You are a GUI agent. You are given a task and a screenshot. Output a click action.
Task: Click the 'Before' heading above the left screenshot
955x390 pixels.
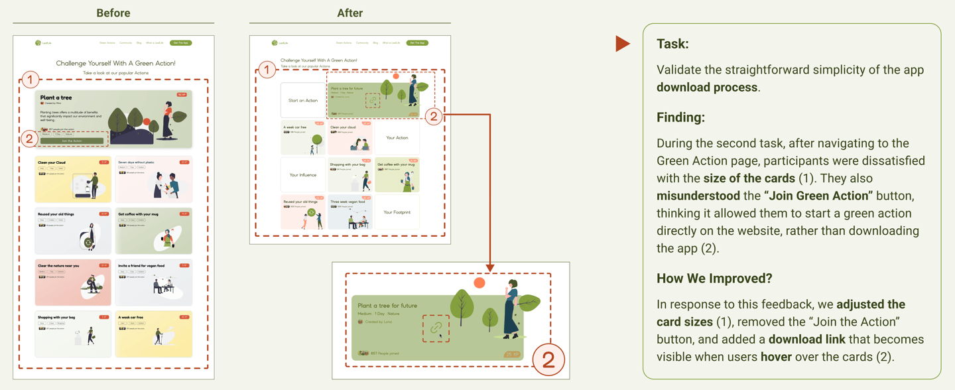[113, 13]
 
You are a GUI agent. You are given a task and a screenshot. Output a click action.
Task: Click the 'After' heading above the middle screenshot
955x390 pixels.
[350, 13]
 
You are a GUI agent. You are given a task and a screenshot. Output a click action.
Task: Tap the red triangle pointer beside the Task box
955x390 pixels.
[621, 44]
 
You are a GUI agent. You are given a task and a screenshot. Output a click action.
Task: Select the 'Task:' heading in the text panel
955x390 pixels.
[672, 44]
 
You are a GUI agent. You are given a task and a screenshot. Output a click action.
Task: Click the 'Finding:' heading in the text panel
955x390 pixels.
[680, 117]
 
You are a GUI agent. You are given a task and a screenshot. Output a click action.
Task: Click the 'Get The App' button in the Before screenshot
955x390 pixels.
[180, 43]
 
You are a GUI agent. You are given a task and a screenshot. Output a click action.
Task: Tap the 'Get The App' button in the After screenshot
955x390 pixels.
[417, 43]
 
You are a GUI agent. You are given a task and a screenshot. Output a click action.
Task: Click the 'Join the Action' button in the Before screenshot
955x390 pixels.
[72, 141]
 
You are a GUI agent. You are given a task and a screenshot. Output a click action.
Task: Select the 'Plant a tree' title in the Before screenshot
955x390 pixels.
[56, 97]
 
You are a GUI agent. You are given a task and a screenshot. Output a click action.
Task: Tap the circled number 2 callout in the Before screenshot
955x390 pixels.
[29, 139]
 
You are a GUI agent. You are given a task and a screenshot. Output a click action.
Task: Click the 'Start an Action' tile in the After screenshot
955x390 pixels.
[303, 101]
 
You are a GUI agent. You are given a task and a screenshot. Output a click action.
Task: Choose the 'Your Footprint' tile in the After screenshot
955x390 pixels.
[397, 212]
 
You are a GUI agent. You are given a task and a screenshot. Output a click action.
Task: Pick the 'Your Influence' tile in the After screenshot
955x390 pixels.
[303, 175]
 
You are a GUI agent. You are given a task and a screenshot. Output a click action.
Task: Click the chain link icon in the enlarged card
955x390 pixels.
[436, 328]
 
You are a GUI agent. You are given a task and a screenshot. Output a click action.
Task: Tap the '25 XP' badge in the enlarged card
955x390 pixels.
[512, 354]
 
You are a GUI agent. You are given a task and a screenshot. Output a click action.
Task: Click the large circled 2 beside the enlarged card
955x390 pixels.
[548, 359]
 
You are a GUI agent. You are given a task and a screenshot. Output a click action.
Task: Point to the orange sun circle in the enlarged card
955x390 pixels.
[479, 283]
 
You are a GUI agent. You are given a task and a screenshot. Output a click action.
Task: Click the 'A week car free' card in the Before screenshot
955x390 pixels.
[154, 334]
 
